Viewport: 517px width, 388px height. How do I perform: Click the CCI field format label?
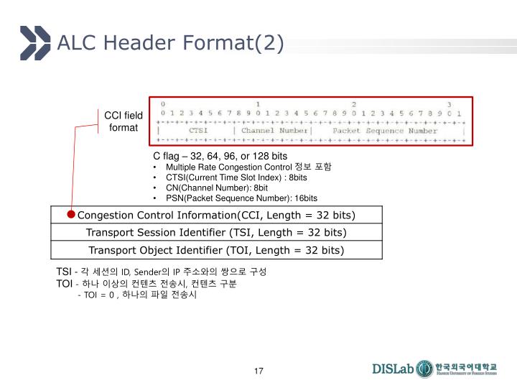pos(124,121)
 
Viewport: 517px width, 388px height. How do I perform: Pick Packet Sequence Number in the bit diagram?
pos(391,131)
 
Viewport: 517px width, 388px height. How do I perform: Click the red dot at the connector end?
pos(72,214)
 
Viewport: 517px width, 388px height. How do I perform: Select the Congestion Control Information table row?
pos(216,215)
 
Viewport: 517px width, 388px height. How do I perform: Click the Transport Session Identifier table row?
pos(216,232)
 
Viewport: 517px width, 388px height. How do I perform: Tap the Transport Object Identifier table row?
pos(216,250)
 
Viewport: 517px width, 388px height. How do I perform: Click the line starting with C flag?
pos(220,155)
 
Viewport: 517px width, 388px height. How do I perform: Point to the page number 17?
pos(258,371)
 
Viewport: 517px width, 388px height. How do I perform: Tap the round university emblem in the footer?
pos(425,369)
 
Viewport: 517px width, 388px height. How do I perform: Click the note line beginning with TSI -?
pos(162,272)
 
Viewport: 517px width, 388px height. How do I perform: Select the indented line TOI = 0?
pos(136,295)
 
